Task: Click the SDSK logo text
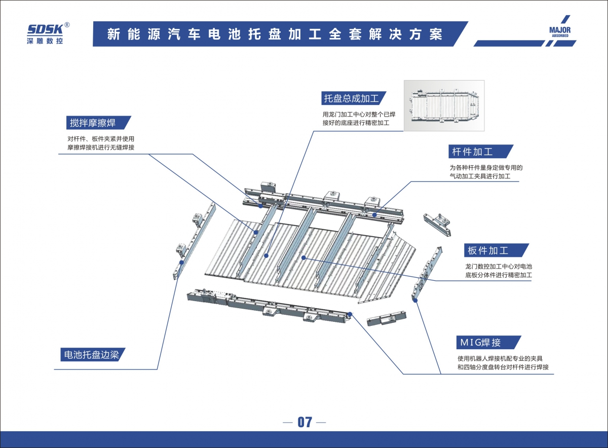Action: [45, 29]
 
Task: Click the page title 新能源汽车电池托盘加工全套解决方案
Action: [275, 34]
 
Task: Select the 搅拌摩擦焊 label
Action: [93, 123]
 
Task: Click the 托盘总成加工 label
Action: [355, 98]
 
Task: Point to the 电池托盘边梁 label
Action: [90, 355]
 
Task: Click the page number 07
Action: [305, 422]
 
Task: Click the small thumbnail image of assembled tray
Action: [443, 105]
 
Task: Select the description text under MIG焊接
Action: [503, 363]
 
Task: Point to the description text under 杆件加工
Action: [485, 172]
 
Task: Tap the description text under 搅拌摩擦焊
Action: [101, 143]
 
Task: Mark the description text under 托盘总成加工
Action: [359, 119]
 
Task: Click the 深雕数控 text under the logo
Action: [45, 41]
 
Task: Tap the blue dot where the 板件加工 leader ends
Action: [303, 258]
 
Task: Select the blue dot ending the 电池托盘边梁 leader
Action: [181, 262]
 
